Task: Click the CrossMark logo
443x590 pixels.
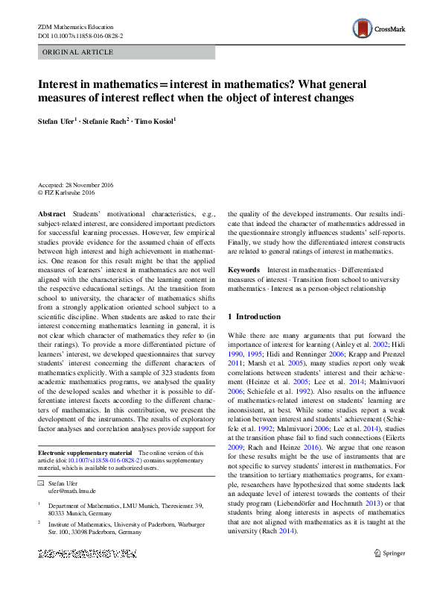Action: click(379, 29)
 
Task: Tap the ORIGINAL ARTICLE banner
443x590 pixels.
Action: click(126, 52)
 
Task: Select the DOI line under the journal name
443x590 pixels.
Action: click(80, 35)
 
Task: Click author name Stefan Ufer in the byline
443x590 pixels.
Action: click(56, 120)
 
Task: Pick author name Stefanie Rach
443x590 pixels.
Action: click(106, 120)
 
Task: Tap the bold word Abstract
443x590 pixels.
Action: click(51, 213)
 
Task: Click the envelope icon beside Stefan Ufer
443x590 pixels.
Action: click(42, 483)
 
